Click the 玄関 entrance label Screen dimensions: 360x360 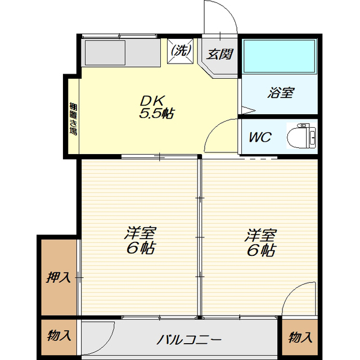pyautogui.click(x=219, y=54)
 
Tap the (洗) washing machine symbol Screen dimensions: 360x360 pyautogui.click(x=180, y=51)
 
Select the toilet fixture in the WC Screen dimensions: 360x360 pyautogui.click(x=301, y=136)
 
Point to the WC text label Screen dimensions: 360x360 pyautogui.click(x=260, y=137)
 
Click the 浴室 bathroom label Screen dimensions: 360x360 pyautogui.click(x=280, y=92)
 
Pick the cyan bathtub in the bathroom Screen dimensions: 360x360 pyautogui.click(x=279, y=56)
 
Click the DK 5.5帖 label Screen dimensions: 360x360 pyautogui.click(x=157, y=107)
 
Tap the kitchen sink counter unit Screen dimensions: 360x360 pyautogui.click(x=121, y=52)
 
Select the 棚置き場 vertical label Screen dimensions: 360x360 pyautogui.click(x=74, y=119)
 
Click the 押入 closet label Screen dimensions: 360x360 pyautogui.click(x=58, y=277)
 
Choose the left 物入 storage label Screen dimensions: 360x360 pyautogui.click(x=58, y=335)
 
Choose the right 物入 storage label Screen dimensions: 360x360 pyautogui.click(x=300, y=337)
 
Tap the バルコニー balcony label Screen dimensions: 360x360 pyautogui.click(x=189, y=340)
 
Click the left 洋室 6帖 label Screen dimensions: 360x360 pyautogui.click(x=141, y=240)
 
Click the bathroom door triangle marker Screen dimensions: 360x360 pyautogui.click(x=247, y=110)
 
